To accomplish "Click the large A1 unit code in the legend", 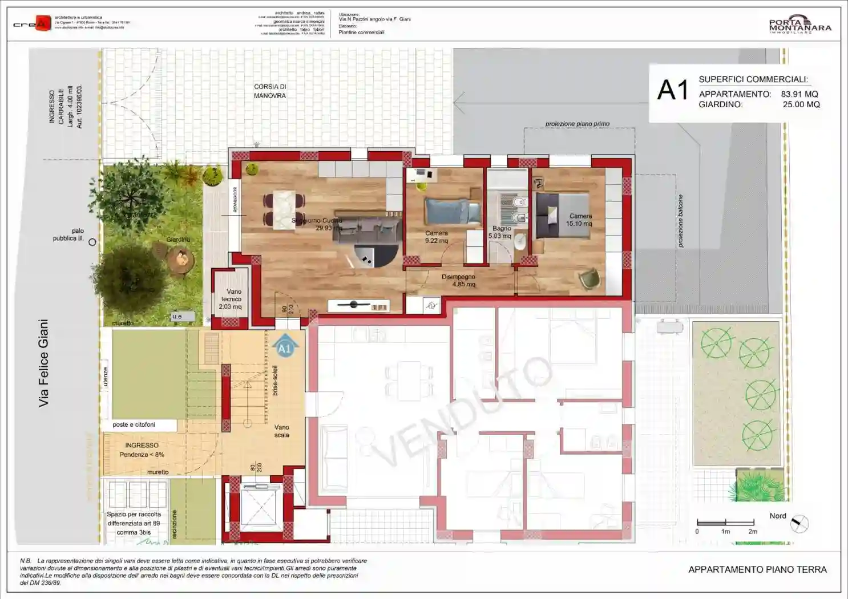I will (x=673, y=90).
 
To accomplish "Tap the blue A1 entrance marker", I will (x=284, y=348).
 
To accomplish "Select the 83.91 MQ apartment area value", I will (x=799, y=94).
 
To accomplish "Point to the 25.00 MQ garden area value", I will (x=801, y=104).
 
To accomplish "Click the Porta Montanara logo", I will (x=799, y=25).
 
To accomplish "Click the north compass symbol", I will (x=800, y=524).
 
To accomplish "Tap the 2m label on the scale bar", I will (x=753, y=532).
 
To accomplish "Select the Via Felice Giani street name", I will (x=43, y=363).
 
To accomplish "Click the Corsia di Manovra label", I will (x=270, y=91).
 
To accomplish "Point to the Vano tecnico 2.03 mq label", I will (x=231, y=299).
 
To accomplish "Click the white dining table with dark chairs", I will (x=284, y=209).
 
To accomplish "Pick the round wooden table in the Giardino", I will (x=182, y=260).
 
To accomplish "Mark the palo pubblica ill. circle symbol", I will (x=92, y=242).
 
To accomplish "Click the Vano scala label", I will (x=281, y=431).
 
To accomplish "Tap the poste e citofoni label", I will (x=134, y=424).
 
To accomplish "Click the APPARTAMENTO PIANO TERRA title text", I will (x=757, y=569).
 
